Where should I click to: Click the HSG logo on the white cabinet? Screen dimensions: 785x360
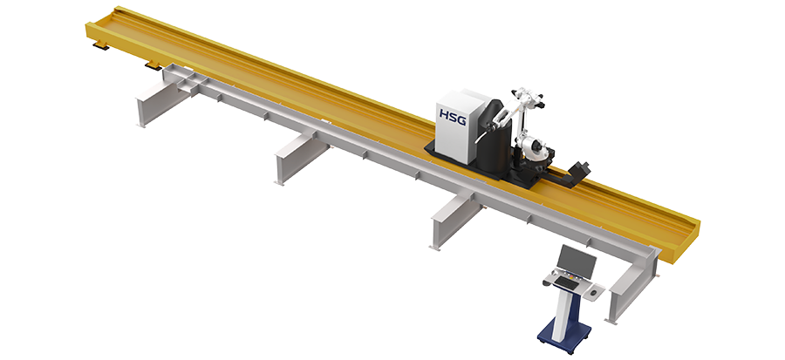coord(453,116)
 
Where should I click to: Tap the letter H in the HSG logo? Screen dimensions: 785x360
coord(444,114)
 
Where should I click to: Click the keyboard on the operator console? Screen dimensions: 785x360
coord(568,283)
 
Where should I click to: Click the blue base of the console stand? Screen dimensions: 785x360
coord(564,334)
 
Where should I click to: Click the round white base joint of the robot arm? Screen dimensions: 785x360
coord(533,148)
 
